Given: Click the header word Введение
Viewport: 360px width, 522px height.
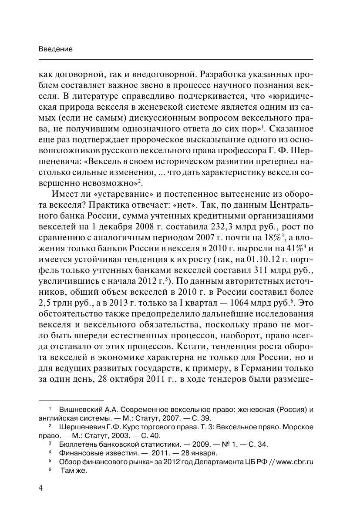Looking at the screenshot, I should click(x=55, y=49).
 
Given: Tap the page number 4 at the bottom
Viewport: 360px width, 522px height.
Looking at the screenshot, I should click(x=41, y=488).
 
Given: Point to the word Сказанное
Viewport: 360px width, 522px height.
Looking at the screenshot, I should click(x=291, y=129).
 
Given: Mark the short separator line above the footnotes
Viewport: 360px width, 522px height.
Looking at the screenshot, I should click(x=71, y=400).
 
